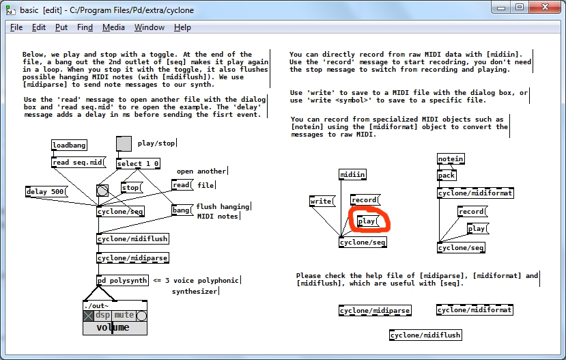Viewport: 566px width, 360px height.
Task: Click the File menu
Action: tap(16, 27)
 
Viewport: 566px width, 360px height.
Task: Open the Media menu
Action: tap(113, 27)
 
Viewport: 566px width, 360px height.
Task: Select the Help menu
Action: tap(182, 27)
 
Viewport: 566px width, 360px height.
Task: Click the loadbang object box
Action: tap(69, 146)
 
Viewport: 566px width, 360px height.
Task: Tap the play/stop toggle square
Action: tap(124, 143)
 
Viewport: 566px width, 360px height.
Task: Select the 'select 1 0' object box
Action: tap(138, 164)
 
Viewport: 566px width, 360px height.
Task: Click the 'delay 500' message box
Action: tap(46, 192)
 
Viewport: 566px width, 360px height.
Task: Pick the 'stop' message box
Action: tap(130, 188)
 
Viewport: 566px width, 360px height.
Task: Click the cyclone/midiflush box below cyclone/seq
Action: tap(132, 239)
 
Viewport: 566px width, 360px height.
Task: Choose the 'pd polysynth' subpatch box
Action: tap(122, 281)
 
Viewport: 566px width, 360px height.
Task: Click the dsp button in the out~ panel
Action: tap(102, 316)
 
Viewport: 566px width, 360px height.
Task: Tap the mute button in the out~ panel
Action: tap(124, 316)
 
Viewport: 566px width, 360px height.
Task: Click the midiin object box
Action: tap(353, 175)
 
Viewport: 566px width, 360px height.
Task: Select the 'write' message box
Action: tap(322, 202)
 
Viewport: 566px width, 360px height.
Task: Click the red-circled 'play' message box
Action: tap(368, 221)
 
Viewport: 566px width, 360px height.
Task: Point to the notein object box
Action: tap(450, 159)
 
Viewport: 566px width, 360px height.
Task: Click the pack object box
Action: tap(447, 176)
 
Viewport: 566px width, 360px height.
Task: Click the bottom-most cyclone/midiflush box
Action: tap(425, 335)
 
